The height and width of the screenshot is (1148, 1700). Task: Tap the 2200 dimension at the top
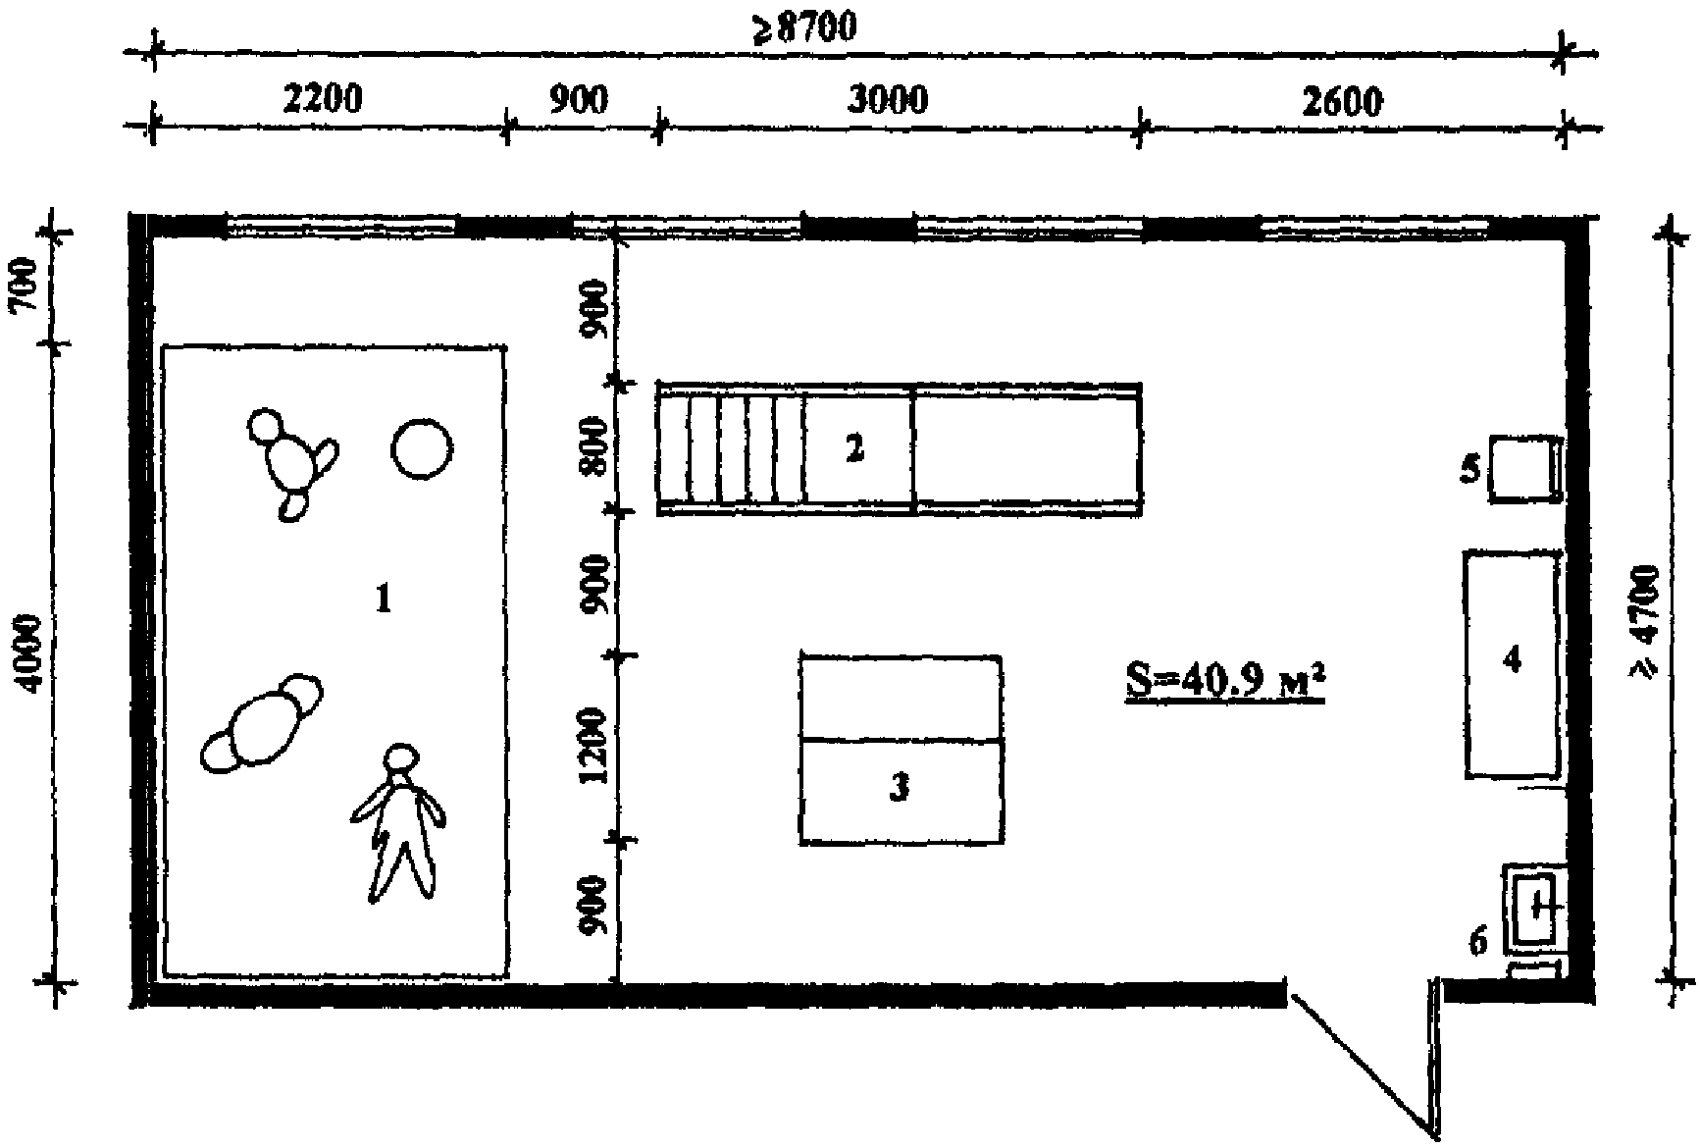323,99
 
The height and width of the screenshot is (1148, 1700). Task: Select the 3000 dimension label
887,99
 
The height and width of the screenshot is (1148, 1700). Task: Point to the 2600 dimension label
1343,101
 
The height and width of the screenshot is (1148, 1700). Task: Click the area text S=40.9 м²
1225,678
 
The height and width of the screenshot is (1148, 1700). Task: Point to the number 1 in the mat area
384,598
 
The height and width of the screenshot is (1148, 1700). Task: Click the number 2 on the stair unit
854,448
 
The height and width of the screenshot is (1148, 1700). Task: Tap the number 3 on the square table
899,787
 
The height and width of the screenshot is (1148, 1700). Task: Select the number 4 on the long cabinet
1512,659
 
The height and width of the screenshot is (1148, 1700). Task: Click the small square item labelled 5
1525,469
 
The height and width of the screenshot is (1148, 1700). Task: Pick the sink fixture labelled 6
1533,910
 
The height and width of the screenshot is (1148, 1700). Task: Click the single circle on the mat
423,449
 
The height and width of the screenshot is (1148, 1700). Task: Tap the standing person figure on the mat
397,822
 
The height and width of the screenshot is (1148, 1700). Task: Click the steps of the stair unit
732,448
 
